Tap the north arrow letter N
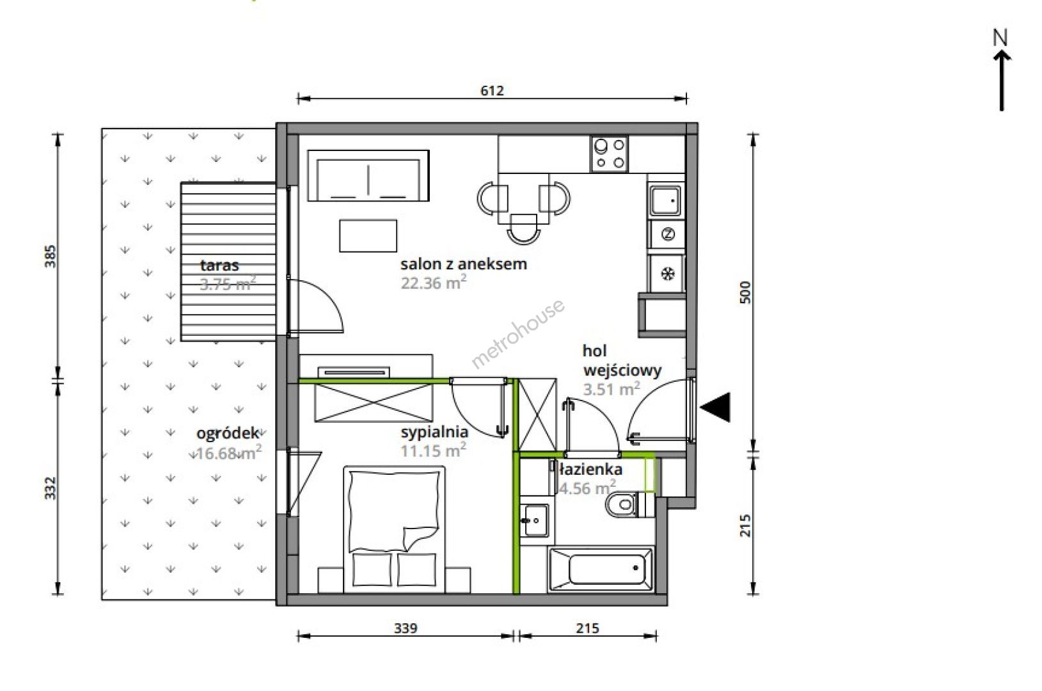point(1000,38)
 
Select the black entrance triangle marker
point(715,407)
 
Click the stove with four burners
point(610,154)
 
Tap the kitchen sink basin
point(665,201)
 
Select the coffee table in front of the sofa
point(368,235)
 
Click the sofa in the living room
point(368,175)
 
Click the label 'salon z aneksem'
point(463,264)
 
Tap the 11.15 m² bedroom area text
point(433,450)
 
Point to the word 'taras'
point(219,266)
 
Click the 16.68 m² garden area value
point(228,452)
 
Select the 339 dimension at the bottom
point(405,628)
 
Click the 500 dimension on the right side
point(745,292)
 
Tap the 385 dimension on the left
point(50,256)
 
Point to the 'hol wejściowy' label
point(622,361)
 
